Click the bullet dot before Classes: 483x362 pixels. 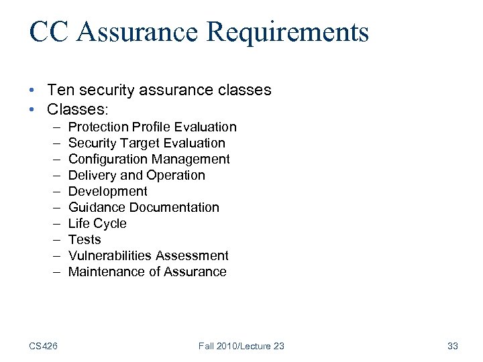[x=32, y=109]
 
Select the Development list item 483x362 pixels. [x=107, y=191]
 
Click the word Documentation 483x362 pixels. [x=178, y=207]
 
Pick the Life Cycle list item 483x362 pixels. [x=97, y=223]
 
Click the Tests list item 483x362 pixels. [x=85, y=239]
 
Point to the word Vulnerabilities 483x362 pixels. [x=111, y=255]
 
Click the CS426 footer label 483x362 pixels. [x=43, y=346]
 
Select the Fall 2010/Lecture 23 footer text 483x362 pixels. [x=241, y=346]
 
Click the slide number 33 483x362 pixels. [x=452, y=346]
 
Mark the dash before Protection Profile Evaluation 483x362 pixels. [x=54, y=127]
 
